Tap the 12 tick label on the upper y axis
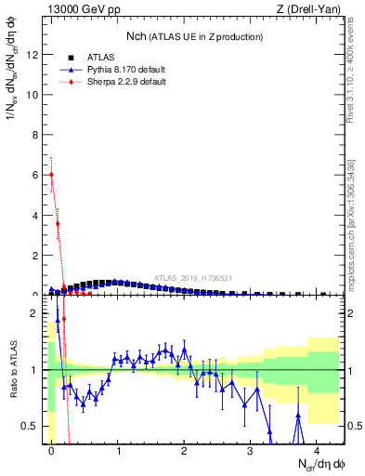33,54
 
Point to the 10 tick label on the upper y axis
33,94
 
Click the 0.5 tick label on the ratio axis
31,427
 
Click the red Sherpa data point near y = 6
51,174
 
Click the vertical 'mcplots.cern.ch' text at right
352,242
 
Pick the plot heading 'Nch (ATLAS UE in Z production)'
194,36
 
